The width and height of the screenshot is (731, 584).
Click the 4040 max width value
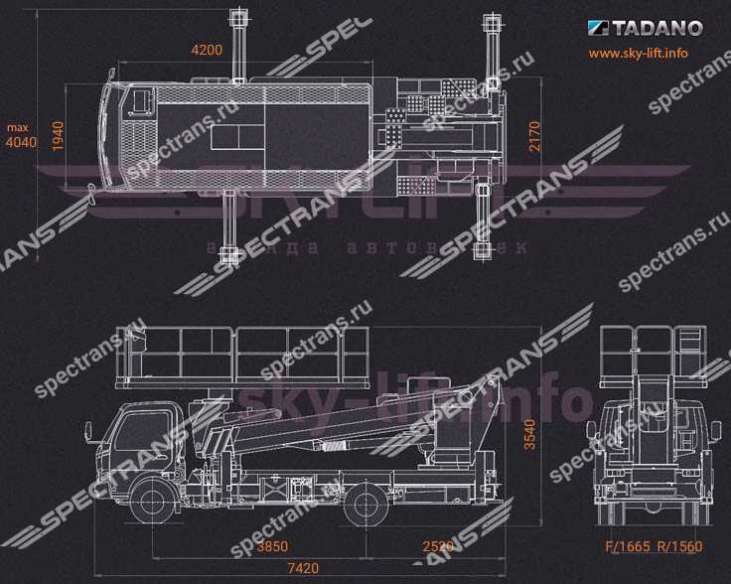(x=21, y=143)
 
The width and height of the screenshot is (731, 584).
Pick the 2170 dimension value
(x=534, y=135)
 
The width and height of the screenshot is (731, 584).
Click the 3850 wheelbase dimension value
(x=270, y=546)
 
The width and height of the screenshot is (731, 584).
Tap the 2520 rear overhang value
(x=438, y=546)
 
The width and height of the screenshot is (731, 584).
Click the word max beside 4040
(x=18, y=127)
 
